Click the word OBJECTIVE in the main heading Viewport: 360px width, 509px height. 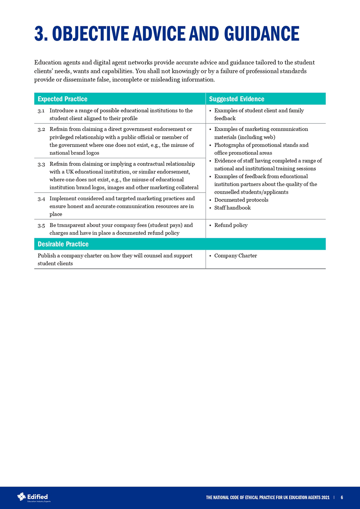(91, 34)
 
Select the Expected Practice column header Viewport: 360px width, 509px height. (62, 99)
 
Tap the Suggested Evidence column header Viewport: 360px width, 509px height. (237, 99)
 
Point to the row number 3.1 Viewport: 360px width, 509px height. (41, 111)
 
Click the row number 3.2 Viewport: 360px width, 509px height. (41, 129)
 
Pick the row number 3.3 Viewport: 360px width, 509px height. (41, 164)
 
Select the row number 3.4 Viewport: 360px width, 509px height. (41, 199)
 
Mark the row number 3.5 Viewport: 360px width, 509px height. (41, 225)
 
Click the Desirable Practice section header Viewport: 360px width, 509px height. (63, 244)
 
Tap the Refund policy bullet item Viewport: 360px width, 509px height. (231, 225)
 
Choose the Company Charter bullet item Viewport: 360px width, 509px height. (235, 256)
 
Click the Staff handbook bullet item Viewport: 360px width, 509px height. (232, 208)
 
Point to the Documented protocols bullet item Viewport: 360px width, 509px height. (241, 200)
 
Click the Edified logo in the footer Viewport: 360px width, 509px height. (34, 497)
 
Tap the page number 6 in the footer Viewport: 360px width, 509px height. (342, 498)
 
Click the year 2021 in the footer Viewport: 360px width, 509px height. (325, 498)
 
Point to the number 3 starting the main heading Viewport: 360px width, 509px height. (39, 34)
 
